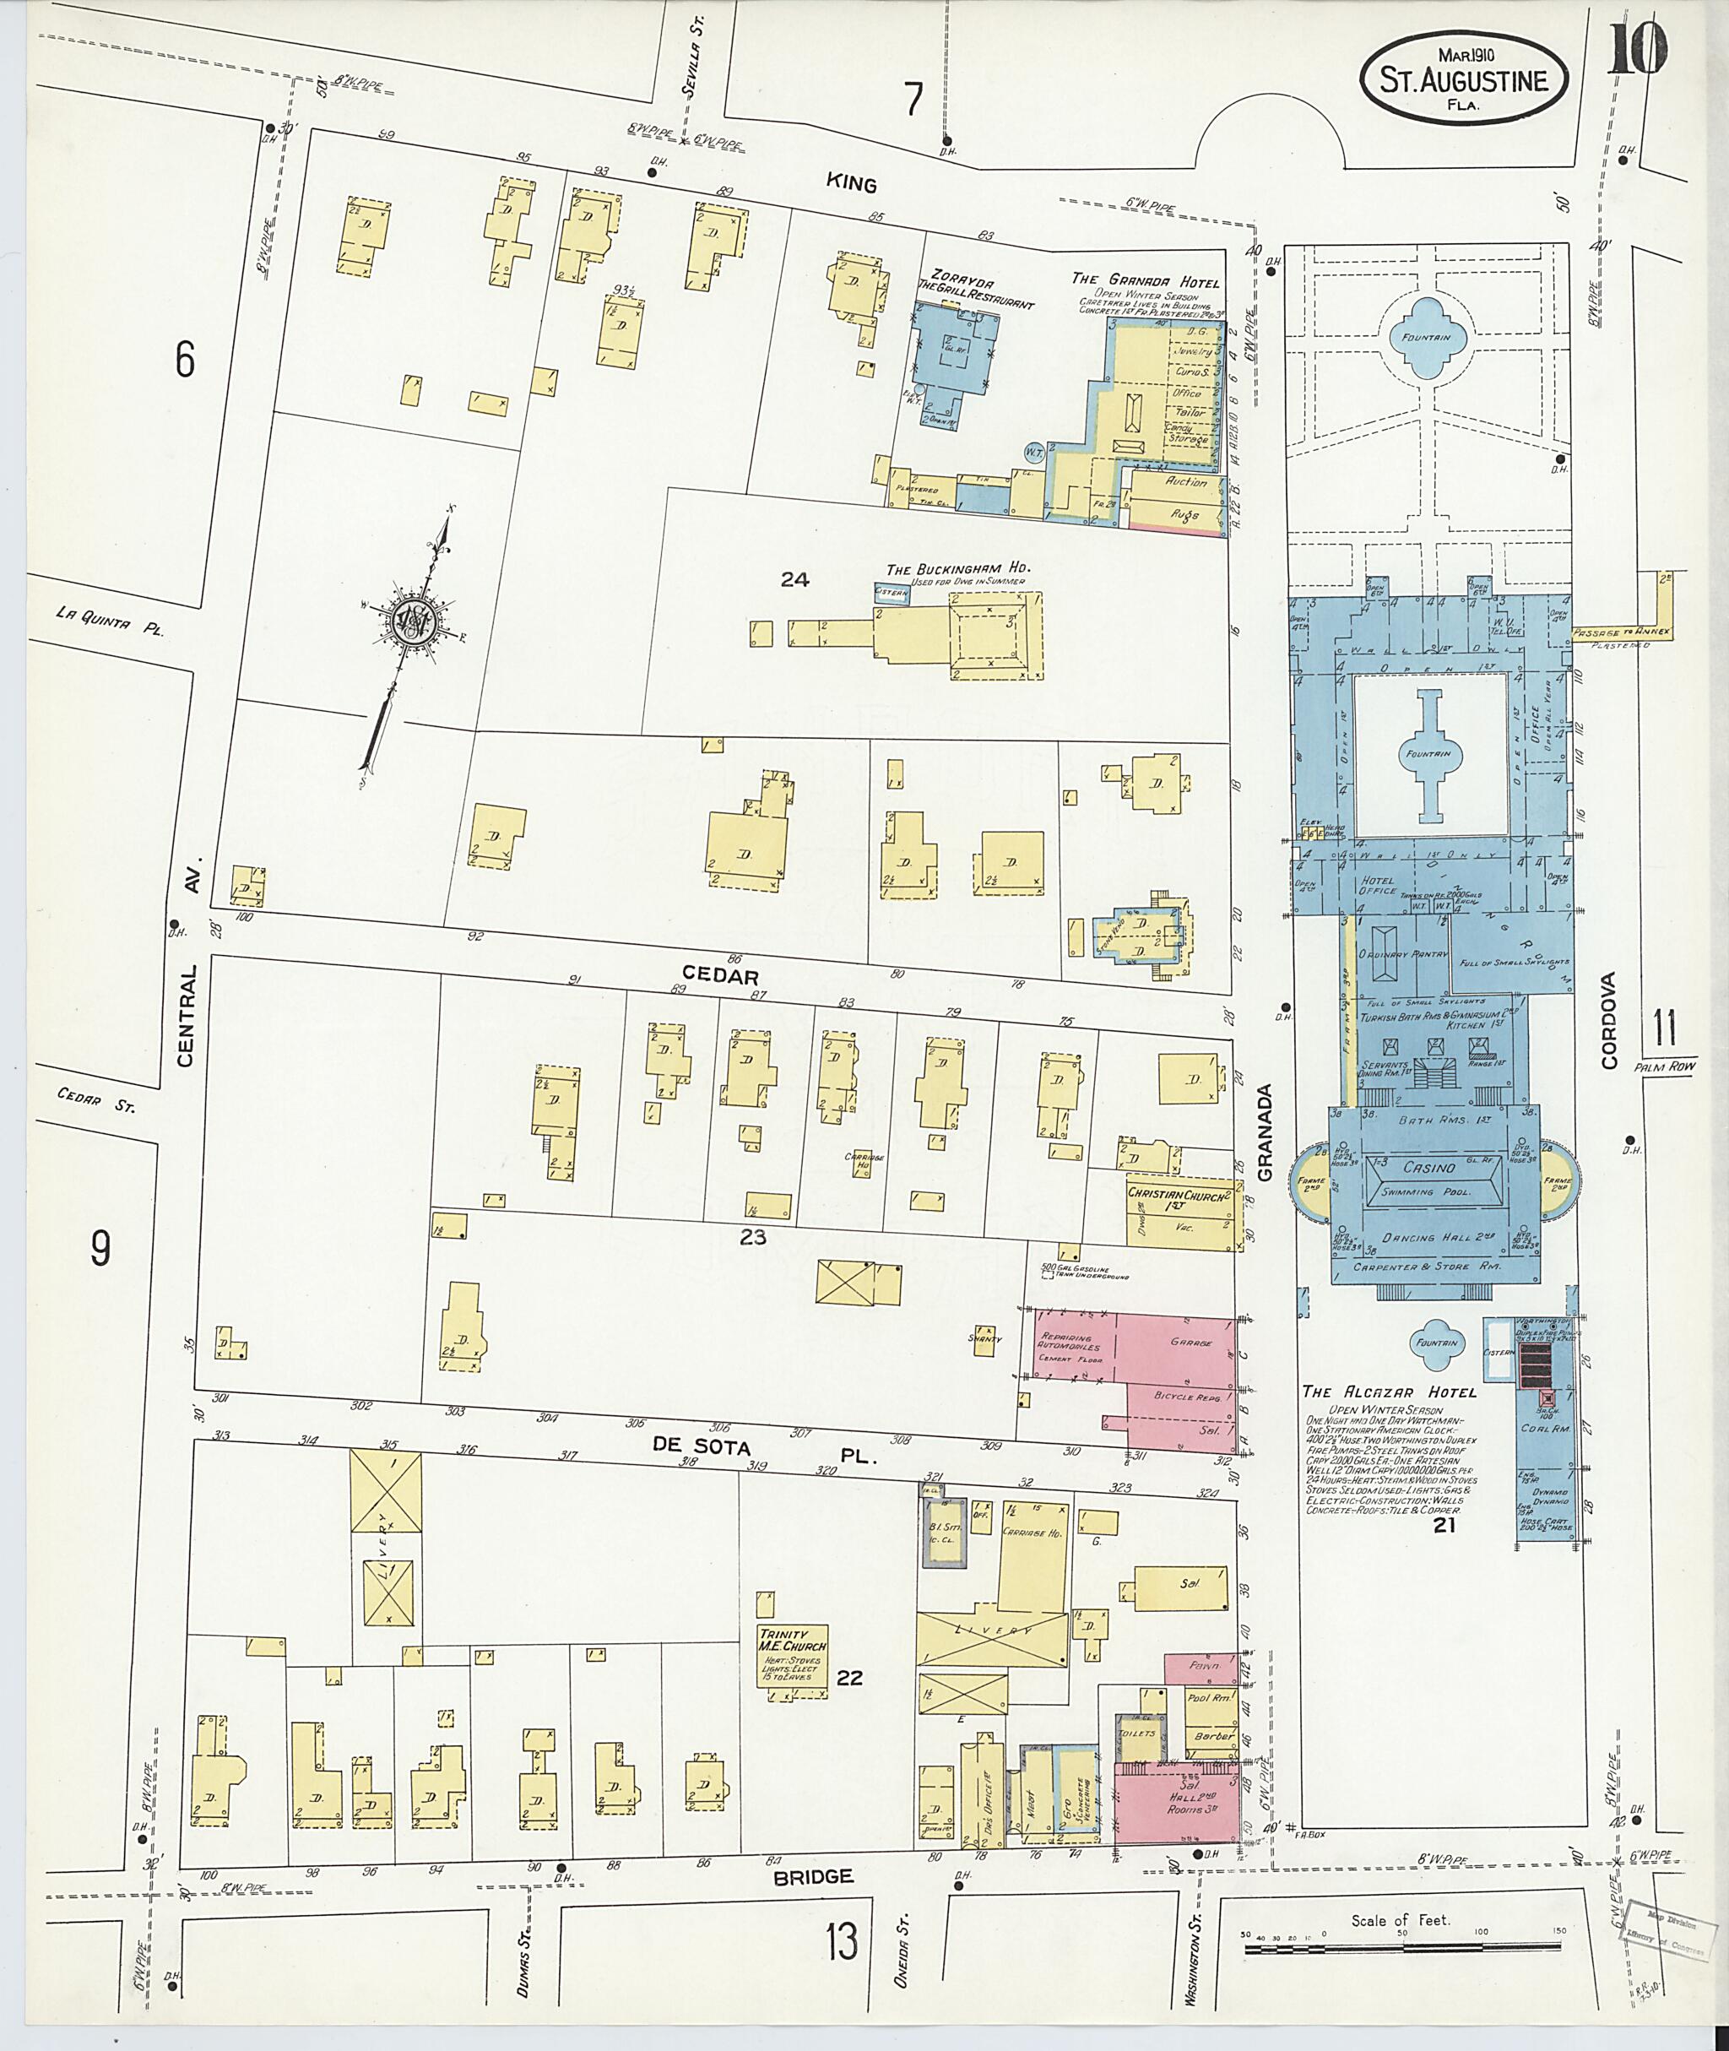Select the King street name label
click(851, 183)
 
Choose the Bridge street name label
click(812, 1876)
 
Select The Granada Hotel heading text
click(1146, 282)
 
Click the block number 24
click(795, 579)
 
